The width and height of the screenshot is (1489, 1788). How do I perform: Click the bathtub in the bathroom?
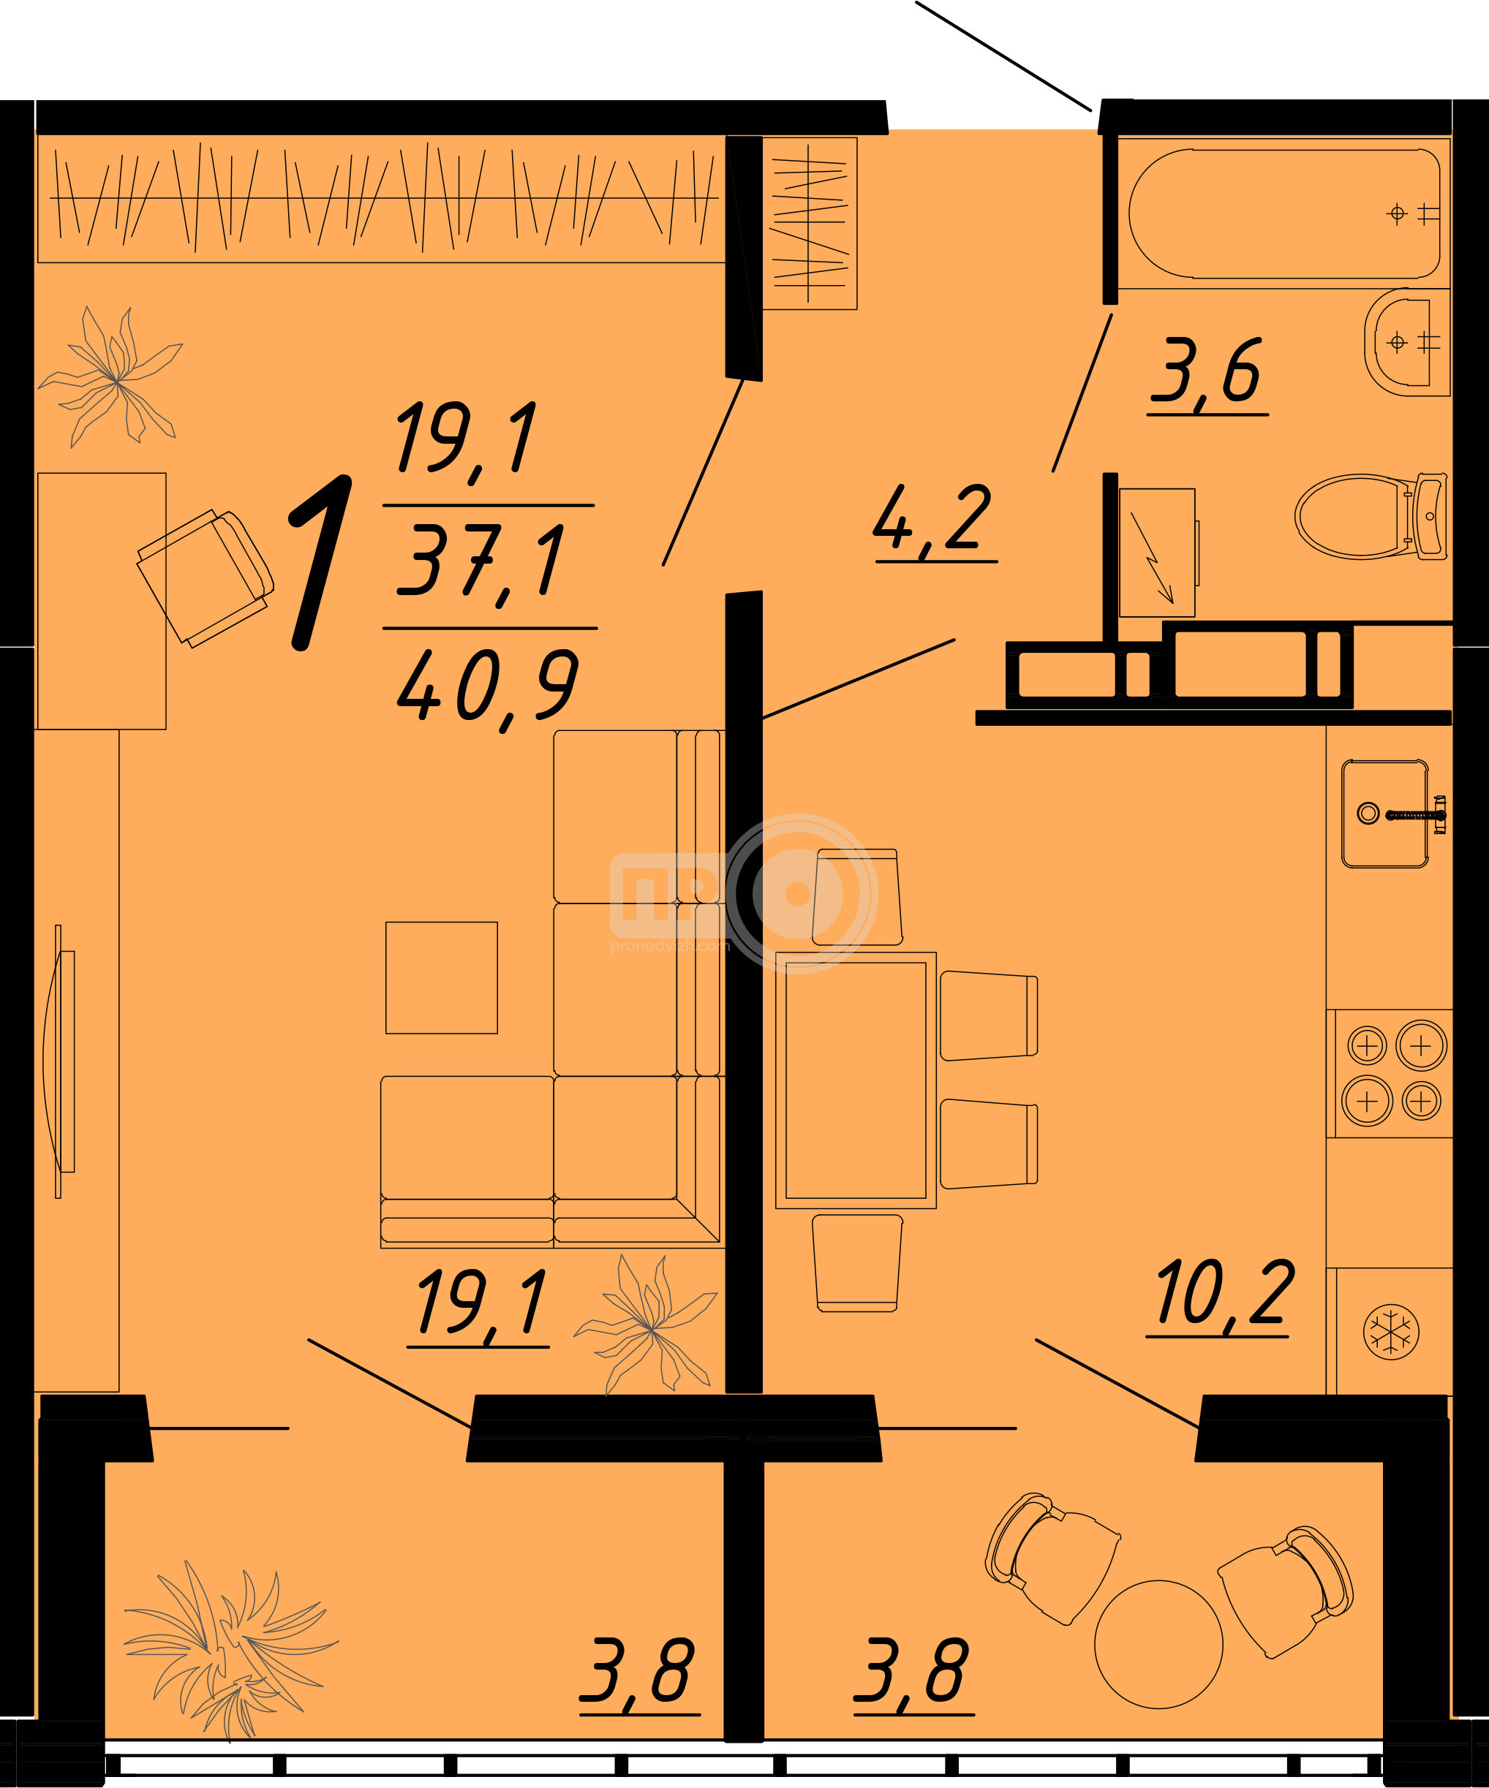1283,213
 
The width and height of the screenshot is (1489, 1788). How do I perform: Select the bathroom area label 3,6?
1208,374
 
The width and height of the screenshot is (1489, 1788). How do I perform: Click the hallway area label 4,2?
935,521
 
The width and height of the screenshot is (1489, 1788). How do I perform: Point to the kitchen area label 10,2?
1224,1294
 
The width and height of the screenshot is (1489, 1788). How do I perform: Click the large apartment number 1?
321,563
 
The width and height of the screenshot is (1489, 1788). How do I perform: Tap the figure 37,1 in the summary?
480,562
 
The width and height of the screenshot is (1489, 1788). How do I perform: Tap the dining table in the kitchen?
855,1080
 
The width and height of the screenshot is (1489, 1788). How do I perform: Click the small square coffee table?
441,977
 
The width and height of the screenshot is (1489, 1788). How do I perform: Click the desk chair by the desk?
206,579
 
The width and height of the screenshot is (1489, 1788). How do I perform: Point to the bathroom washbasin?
1406,342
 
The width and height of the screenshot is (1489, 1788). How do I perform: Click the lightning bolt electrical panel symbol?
1157,553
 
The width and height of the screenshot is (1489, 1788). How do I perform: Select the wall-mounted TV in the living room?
59,1061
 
